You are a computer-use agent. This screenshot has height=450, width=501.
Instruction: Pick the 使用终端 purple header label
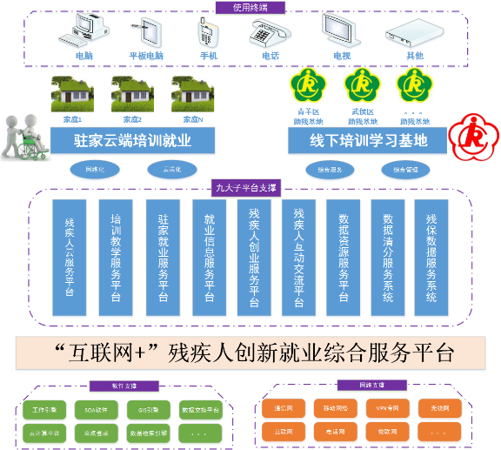250,7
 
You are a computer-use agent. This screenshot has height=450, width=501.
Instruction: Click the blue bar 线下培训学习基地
369,139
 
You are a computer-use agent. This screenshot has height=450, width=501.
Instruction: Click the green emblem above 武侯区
362,85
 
